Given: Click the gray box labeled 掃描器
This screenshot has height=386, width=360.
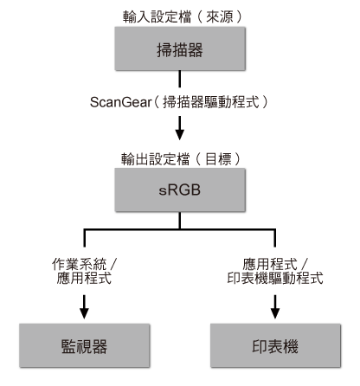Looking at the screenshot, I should point(179,50).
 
